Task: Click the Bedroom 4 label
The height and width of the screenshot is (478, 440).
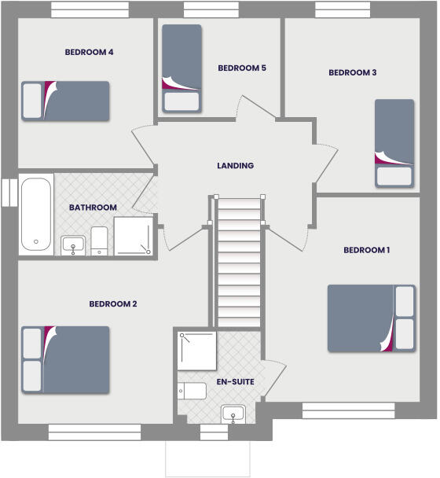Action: pyautogui.click(x=90, y=53)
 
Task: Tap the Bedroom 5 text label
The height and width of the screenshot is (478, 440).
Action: pyautogui.click(x=242, y=68)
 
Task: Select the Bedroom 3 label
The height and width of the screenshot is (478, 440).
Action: pyautogui.click(x=353, y=72)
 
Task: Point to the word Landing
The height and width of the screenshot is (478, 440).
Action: pyautogui.click(x=236, y=166)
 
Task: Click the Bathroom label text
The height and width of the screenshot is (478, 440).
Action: pyautogui.click(x=93, y=208)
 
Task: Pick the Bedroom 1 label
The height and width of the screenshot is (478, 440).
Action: pyautogui.click(x=367, y=250)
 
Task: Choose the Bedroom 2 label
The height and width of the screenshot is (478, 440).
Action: pyautogui.click(x=113, y=303)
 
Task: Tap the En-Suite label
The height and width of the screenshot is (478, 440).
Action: pyautogui.click(x=235, y=382)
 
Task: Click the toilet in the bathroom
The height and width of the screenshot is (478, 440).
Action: pyautogui.click(x=99, y=241)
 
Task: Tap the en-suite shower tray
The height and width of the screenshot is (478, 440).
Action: pyautogui.click(x=196, y=351)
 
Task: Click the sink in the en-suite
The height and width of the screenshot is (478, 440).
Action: pyautogui.click(x=233, y=413)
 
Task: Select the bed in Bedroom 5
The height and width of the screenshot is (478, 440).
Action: pyautogui.click(x=181, y=68)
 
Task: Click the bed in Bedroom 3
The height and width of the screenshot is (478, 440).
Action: pyautogui.click(x=394, y=142)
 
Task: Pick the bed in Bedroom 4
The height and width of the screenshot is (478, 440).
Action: pyautogui.click(x=65, y=101)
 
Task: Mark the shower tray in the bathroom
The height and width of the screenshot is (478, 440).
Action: pyautogui.click(x=134, y=237)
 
